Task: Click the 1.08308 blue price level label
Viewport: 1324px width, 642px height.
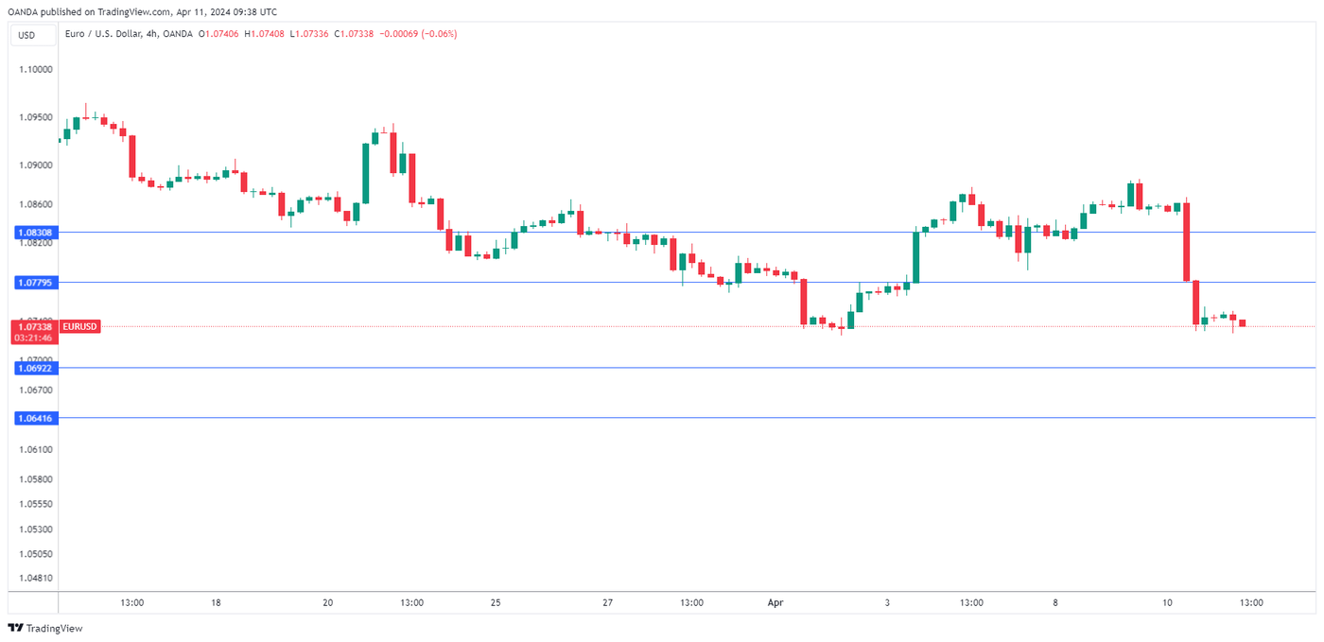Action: point(34,232)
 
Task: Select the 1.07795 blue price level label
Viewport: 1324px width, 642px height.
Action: point(34,282)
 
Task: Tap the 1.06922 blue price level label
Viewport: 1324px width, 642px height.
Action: point(34,368)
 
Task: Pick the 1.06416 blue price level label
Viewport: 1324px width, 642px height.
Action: point(34,417)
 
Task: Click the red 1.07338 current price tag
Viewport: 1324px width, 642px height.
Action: point(34,326)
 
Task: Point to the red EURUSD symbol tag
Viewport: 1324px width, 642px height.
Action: point(78,326)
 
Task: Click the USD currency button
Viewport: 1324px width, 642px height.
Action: point(26,35)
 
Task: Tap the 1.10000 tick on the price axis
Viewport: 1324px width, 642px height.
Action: point(35,70)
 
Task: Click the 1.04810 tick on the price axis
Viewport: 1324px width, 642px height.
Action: point(35,578)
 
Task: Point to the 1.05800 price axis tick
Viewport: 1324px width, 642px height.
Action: point(35,479)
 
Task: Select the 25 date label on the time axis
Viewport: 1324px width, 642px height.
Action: point(496,602)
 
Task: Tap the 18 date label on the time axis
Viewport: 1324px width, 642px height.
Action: point(216,602)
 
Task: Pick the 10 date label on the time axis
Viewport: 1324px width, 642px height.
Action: point(1167,602)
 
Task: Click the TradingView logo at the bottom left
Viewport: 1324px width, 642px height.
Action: point(44,629)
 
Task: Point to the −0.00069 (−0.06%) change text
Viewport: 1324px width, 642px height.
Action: point(418,34)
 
